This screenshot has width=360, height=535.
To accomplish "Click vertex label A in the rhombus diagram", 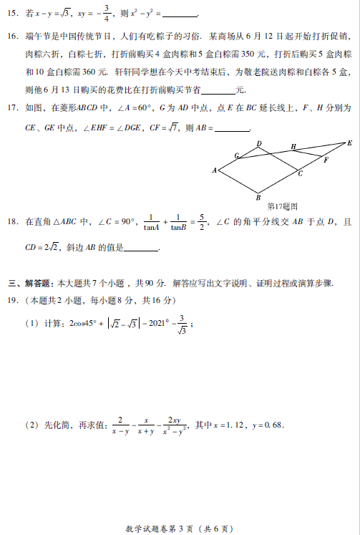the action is point(214,170).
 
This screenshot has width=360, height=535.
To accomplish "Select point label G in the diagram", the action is point(236,155).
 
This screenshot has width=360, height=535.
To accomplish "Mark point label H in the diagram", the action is point(293,146).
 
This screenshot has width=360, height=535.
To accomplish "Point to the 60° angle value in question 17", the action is point(144,107).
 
